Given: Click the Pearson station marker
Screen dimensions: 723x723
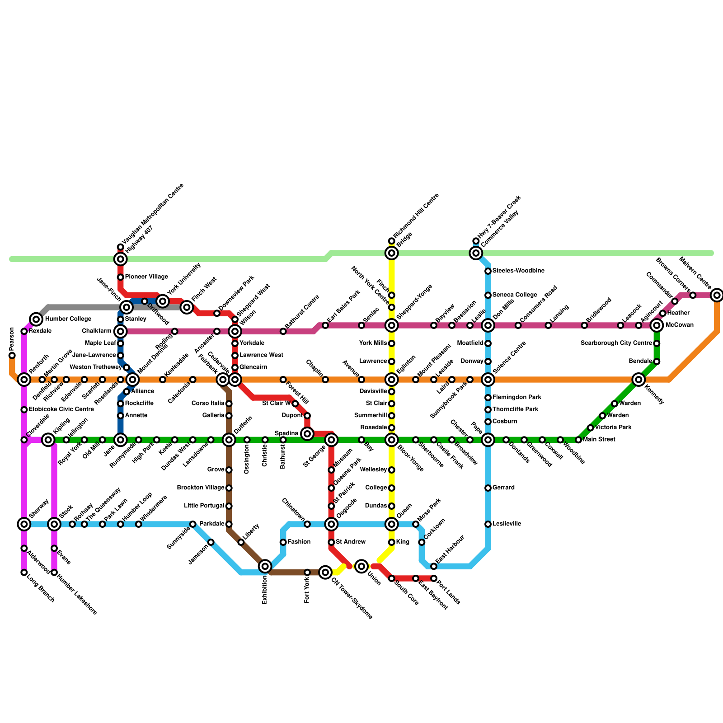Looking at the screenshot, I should [x=12, y=356].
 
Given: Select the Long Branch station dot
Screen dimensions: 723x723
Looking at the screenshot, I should [x=24, y=573].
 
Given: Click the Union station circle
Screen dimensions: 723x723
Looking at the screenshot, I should [x=361, y=566].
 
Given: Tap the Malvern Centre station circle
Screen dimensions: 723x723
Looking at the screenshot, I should [x=717, y=296].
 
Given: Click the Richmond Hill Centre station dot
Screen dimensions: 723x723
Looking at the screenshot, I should [x=391, y=241].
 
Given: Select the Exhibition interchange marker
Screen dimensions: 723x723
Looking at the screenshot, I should [x=265, y=566].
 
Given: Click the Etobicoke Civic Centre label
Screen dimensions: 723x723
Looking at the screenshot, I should [x=61, y=409].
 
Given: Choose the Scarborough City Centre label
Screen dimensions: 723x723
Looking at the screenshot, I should [x=616, y=343].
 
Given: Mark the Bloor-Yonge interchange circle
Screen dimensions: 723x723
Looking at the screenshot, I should [x=392, y=440].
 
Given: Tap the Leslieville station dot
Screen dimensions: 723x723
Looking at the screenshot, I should [x=488, y=524].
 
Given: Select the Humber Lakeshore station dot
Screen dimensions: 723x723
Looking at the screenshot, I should [x=54, y=573].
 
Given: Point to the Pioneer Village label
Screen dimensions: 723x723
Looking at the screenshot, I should [x=146, y=277].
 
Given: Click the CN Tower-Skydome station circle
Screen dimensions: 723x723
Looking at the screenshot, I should [x=325, y=573].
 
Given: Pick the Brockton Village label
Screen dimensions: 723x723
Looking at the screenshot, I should [x=201, y=488].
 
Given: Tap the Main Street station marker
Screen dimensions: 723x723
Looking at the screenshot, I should [x=578, y=440].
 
